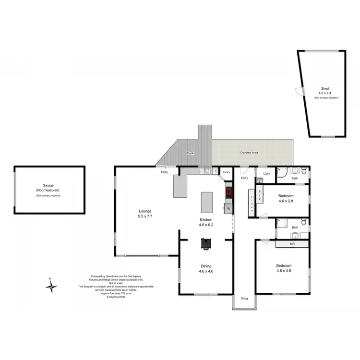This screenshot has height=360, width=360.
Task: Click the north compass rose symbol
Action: click(51, 286)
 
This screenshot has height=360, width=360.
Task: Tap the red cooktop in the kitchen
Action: click(229, 192)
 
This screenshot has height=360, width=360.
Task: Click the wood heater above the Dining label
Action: click(206, 245)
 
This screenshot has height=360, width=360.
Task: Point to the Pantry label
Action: click(227, 171)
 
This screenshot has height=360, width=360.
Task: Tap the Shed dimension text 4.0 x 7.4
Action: click(326, 93)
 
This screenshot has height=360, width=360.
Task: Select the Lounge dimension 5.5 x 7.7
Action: click(145, 216)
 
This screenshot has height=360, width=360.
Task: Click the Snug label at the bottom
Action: click(245, 298)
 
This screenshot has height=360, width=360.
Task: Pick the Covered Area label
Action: click(249, 152)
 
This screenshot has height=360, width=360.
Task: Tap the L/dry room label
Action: click(266, 173)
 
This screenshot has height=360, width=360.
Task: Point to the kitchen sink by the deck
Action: click(205, 170)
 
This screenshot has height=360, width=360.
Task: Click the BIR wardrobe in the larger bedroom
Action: click(292, 244)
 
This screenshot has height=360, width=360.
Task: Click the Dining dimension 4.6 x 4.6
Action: click(206, 271)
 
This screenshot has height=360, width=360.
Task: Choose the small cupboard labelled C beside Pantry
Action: click(216, 171)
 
